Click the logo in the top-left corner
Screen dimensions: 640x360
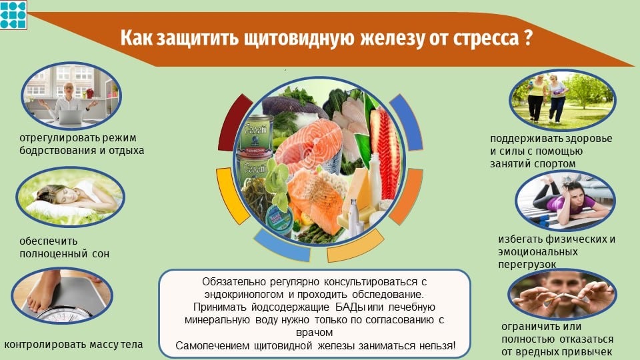click(13, 15)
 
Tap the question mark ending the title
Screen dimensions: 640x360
click(527, 37)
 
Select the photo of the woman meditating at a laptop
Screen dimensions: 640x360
click(71, 96)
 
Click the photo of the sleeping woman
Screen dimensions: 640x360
click(70, 197)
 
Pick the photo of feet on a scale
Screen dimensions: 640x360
click(62, 295)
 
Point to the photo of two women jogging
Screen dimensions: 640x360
click(563, 100)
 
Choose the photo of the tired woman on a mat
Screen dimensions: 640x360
click(565, 201)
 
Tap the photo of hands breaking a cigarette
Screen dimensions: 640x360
click(563, 295)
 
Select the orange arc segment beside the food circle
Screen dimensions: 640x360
click(407, 197)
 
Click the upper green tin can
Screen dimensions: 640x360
click(256, 132)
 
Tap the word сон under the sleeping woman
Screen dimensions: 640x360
click(101, 254)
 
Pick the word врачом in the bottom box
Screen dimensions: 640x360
click(314, 333)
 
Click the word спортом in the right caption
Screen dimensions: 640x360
click(555, 164)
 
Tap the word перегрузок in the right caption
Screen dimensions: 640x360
click(527, 265)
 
